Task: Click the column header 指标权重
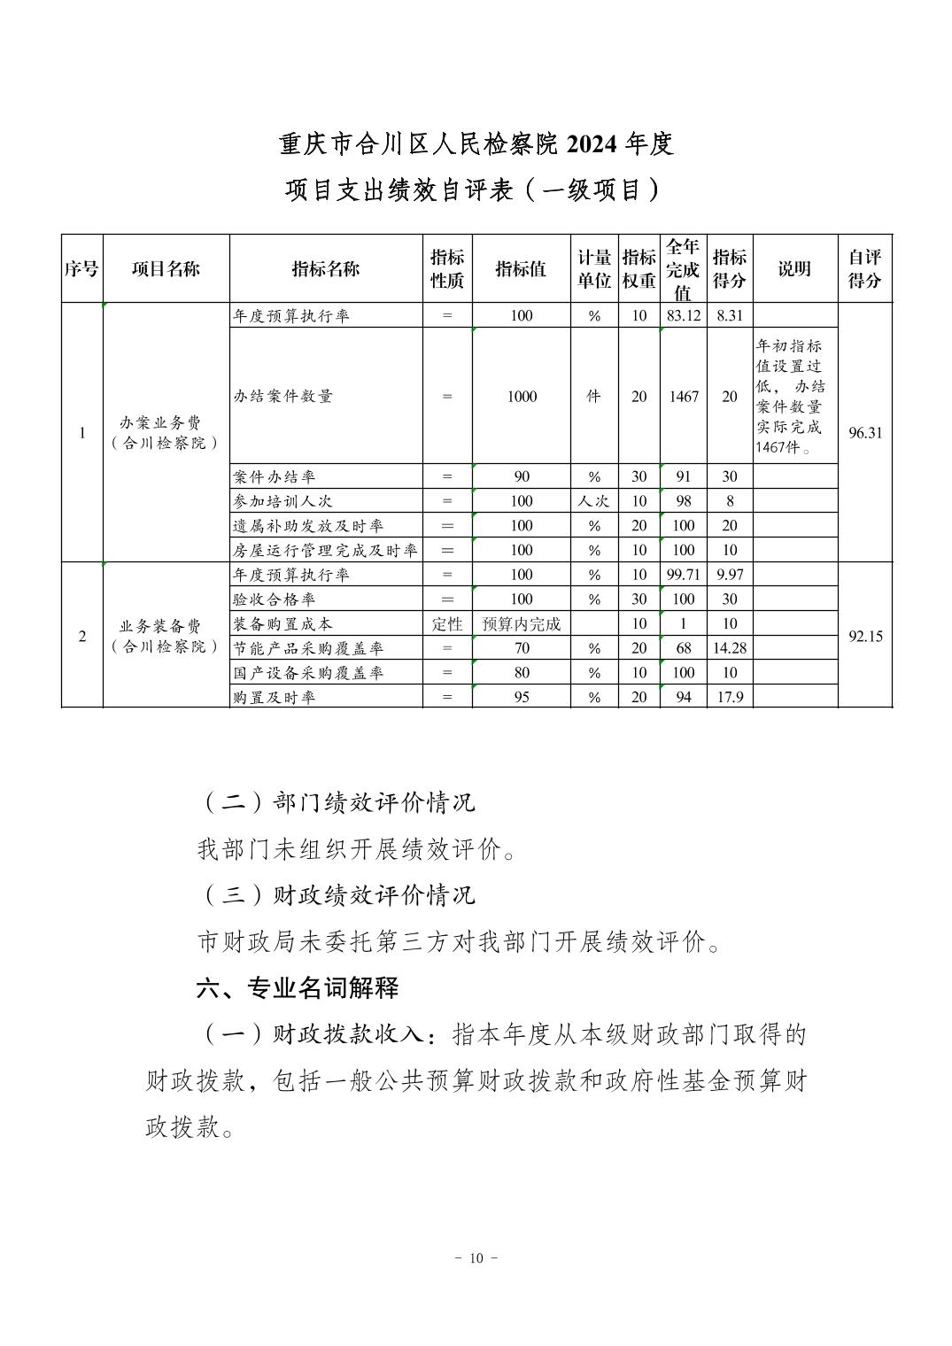click(639, 268)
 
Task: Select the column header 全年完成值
click(683, 268)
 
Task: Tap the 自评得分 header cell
click(864, 268)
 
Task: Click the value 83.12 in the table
click(683, 315)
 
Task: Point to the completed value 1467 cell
click(683, 397)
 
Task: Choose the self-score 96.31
click(864, 433)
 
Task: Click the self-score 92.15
click(864, 636)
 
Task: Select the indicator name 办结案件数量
click(283, 397)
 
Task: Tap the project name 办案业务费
click(166, 423)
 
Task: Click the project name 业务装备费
click(166, 627)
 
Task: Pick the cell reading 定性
click(447, 623)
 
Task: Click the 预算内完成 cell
click(522, 623)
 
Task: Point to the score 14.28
click(729, 648)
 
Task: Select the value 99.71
click(683, 575)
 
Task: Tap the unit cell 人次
click(593, 501)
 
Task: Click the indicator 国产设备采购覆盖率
click(308, 673)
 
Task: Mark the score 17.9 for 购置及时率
click(729, 697)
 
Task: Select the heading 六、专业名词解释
click(298, 987)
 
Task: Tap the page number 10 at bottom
click(476, 1258)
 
